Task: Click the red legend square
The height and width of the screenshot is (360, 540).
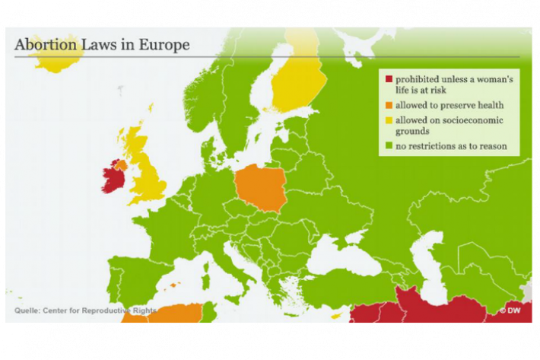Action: point(388,79)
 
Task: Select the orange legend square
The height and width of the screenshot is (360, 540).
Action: point(388,104)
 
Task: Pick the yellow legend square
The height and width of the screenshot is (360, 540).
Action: point(388,120)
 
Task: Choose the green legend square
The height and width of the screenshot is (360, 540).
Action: point(388,145)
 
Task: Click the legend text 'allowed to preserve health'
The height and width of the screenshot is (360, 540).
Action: point(439,104)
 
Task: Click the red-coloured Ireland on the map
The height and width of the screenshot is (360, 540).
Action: point(112,178)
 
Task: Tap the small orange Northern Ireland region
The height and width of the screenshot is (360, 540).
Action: point(121,164)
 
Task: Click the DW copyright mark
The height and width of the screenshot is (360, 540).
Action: point(510,311)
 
